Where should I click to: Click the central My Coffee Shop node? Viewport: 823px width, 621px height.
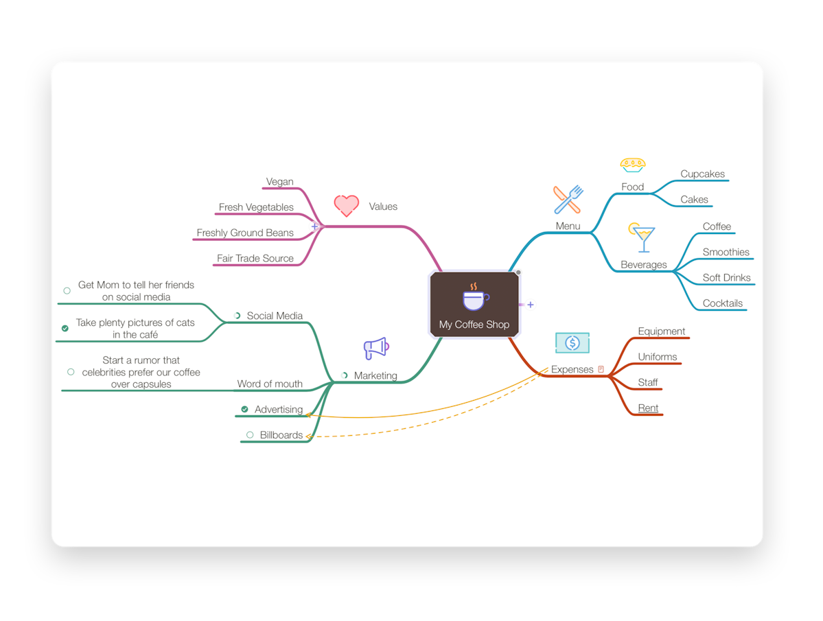coord(474,304)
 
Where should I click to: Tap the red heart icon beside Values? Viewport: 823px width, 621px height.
coord(347,206)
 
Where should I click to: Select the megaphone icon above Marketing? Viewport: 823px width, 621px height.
coord(376,348)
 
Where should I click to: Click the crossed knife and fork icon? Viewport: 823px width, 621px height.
coord(568,199)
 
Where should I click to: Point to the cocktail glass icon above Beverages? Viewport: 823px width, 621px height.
coord(642,237)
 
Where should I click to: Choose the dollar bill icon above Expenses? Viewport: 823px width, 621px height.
coord(572,343)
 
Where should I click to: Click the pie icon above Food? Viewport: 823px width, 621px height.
coord(632,165)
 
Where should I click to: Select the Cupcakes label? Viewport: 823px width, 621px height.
coord(702,174)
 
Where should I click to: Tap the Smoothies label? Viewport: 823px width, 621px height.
coord(726,253)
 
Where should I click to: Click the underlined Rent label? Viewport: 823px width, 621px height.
coord(648,408)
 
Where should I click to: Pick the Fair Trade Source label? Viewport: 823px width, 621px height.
coord(255,258)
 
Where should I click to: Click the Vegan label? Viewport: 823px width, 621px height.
coord(280,181)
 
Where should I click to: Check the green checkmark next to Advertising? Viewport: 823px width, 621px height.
coord(244,409)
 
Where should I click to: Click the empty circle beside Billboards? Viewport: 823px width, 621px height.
coord(250,435)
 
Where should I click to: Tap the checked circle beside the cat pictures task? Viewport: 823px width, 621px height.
coord(65,328)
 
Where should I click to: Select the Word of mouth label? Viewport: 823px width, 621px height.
coord(270,384)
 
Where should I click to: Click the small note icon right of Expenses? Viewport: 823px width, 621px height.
coord(601,369)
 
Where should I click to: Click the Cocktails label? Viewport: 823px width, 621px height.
coord(723,303)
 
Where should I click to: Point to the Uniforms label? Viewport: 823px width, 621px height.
coord(657,357)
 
